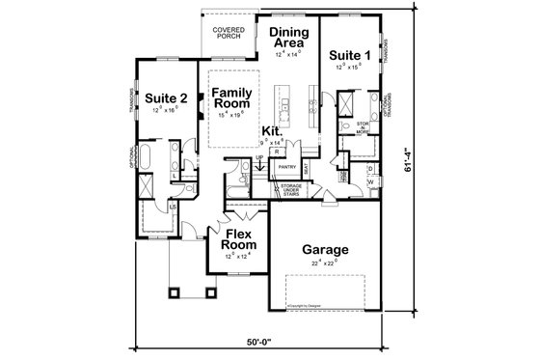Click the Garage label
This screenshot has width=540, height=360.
pyautogui.click(x=323, y=249)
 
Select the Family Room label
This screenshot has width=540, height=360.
pyautogui.click(x=231, y=97)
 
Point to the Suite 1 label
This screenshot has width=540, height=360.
pyautogui.click(x=348, y=55)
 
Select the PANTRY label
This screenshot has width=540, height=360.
pyautogui.click(x=286, y=167)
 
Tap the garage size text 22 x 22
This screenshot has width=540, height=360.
pyautogui.click(x=323, y=263)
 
